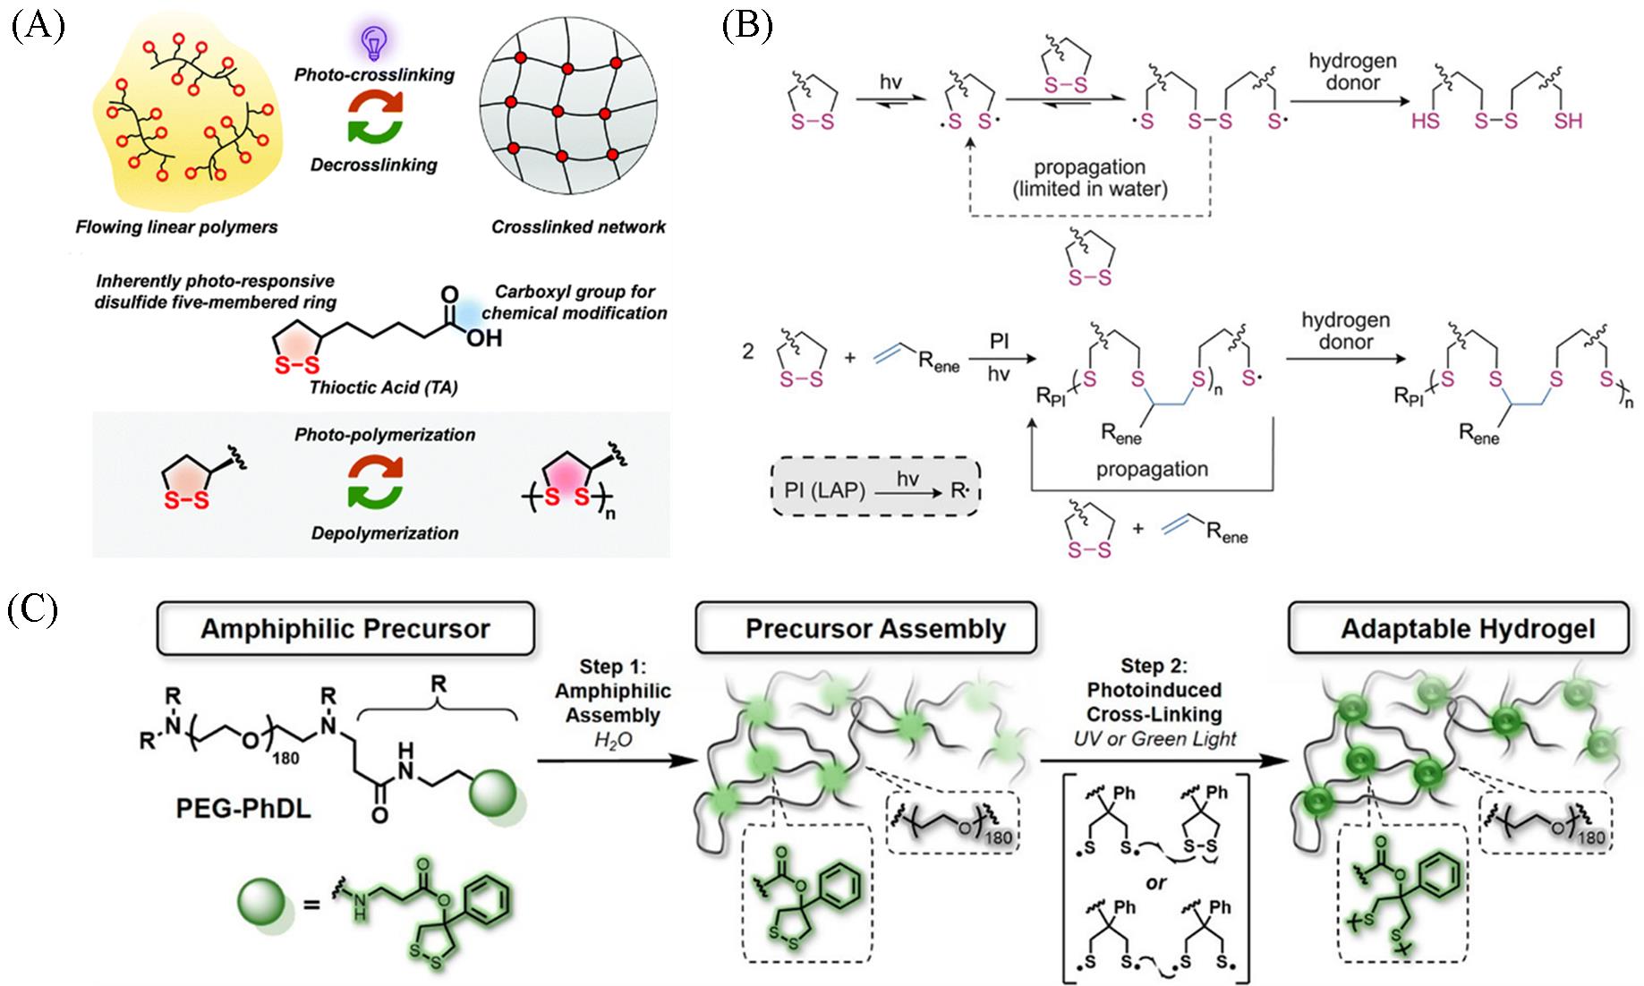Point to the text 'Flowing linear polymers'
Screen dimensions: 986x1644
176,227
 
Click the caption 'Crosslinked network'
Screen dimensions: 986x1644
578,227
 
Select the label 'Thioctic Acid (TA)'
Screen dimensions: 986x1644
383,387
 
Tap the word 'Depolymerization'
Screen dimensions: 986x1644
385,533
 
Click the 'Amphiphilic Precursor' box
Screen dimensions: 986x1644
345,628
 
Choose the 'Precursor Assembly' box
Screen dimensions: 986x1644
874,628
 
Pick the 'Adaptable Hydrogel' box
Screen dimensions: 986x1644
1467,628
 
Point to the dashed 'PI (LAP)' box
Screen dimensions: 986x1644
876,489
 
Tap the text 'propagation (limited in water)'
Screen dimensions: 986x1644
1089,178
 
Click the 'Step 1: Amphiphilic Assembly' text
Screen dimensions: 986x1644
613,691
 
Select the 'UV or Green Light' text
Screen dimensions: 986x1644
1154,739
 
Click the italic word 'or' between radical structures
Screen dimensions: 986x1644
1155,882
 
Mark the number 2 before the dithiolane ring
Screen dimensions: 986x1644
748,351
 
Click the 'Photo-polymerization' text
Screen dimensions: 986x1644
385,435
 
